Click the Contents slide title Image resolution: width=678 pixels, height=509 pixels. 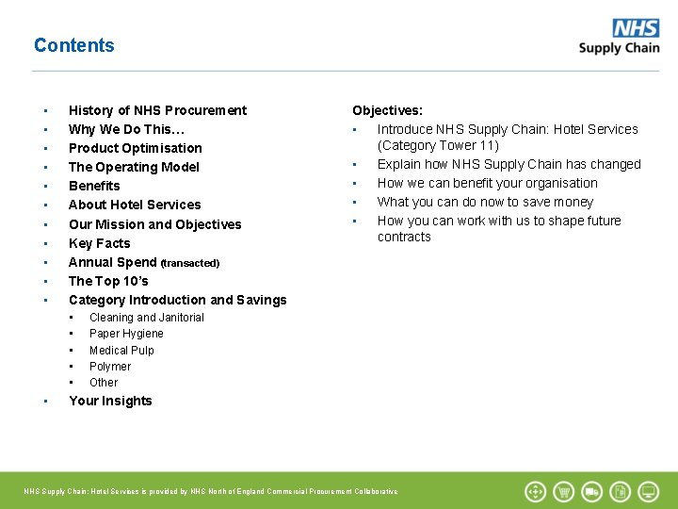tap(73, 45)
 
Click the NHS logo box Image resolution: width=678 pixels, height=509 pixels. tap(636, 28)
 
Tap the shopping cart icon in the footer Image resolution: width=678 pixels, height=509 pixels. tap(564, 491)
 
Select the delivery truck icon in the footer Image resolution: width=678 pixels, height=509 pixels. tap(592, 491)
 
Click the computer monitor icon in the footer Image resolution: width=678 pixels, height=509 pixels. tap(649, 491)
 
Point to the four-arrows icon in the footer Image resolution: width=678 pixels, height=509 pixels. tap(535, 491)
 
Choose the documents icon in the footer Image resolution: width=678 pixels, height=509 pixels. tap(621, 491)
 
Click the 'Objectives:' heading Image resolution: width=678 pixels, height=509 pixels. tap(387, 110)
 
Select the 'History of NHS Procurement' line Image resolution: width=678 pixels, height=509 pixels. tap(157, 110)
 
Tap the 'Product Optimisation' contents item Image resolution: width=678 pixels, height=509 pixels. tap(135, 148)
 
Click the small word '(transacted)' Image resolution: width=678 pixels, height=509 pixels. tap(189, 263)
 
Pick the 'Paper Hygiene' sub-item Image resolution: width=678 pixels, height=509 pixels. tap(126, 334)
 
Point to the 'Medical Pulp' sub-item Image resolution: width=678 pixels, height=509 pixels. tap(121, 350)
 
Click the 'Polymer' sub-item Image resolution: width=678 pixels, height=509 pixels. tap(110, 367)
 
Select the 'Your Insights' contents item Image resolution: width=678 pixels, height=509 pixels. tap(110, 401)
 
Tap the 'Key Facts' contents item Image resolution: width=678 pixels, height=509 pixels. tap(99, 243)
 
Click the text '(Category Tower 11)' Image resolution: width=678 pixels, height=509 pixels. tap(438, 145)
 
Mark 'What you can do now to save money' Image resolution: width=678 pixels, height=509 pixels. tap(485, 202)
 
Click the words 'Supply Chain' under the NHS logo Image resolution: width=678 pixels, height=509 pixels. tap(619, 48)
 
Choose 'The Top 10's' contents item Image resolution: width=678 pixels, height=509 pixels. tap(108, 281)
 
